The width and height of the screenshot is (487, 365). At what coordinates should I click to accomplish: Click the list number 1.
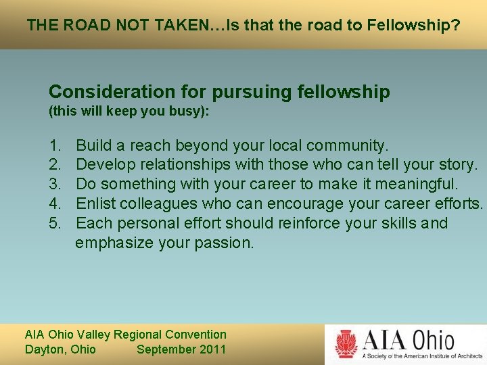(53, 145)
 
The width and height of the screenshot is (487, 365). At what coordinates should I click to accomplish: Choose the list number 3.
(53, 184)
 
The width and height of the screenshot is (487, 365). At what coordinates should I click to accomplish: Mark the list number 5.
(53, 223)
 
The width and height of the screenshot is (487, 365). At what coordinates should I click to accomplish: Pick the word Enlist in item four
(96, 203)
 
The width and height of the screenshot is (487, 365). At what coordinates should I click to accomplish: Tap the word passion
(224, 243)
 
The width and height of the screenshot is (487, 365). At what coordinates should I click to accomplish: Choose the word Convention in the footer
(196, 335)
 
